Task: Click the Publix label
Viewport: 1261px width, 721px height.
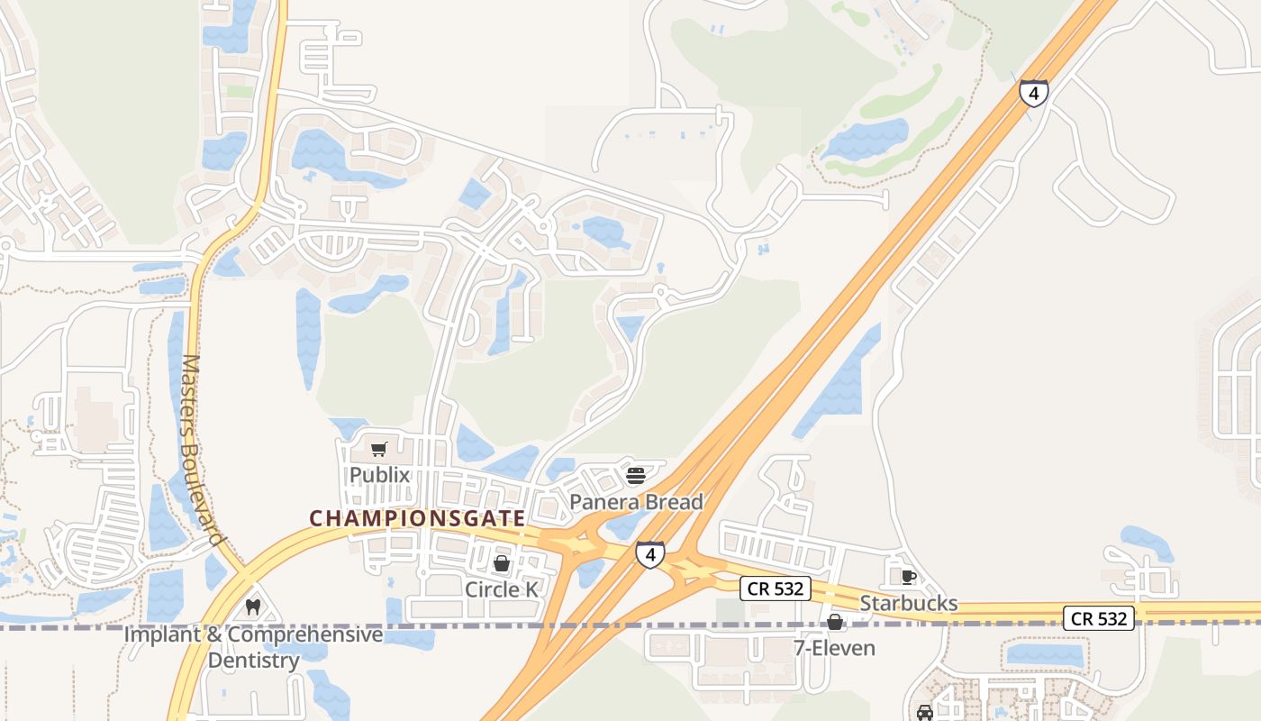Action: point(379,475)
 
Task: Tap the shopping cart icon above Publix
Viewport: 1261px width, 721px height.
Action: point(379,449)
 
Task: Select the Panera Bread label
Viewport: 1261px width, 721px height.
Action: point(636,502)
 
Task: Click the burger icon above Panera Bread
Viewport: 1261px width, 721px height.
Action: point(636,475)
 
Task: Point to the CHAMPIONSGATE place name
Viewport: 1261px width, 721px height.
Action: point(417,518)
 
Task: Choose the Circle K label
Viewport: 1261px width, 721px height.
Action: point(502,589)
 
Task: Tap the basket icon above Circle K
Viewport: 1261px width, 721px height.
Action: point(502,563)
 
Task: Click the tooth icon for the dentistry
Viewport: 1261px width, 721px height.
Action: point(253,607)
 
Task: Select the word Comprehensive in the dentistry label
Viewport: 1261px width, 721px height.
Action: point(304,634)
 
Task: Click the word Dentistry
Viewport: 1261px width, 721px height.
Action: point(254,661)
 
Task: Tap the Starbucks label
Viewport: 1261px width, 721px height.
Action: point(909,603)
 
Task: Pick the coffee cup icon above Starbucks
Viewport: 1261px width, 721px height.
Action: point(908,577)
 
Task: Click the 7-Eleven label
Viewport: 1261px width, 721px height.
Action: point(834,648)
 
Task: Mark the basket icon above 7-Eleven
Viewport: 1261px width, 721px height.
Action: point(835,622)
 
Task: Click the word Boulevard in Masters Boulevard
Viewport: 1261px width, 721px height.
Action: point(206,494)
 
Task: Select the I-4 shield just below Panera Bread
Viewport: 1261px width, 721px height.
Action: point(650,554)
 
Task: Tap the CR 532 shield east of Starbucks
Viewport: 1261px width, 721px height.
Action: point(1098,618)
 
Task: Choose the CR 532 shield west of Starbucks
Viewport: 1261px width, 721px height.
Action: point(776,589)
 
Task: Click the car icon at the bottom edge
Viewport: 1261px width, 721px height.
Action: point(925,712)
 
